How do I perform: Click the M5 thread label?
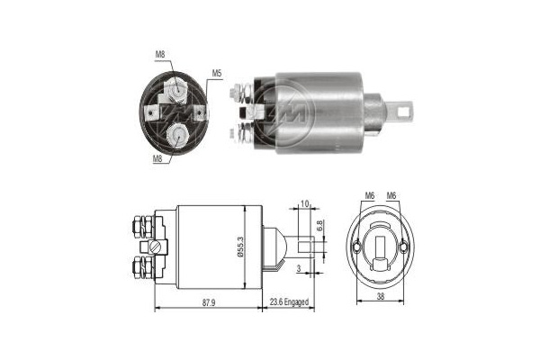[216, 73]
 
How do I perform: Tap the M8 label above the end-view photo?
[160, 54]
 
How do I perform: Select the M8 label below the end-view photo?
[157, 158]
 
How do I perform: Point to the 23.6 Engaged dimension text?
[289, 302]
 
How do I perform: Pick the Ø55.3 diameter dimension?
[240, 247]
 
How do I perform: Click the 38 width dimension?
[381, 295]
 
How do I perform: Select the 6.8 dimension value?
[319, 226]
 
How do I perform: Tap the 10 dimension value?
[304, 203]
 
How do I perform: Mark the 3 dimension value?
[299, 268]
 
